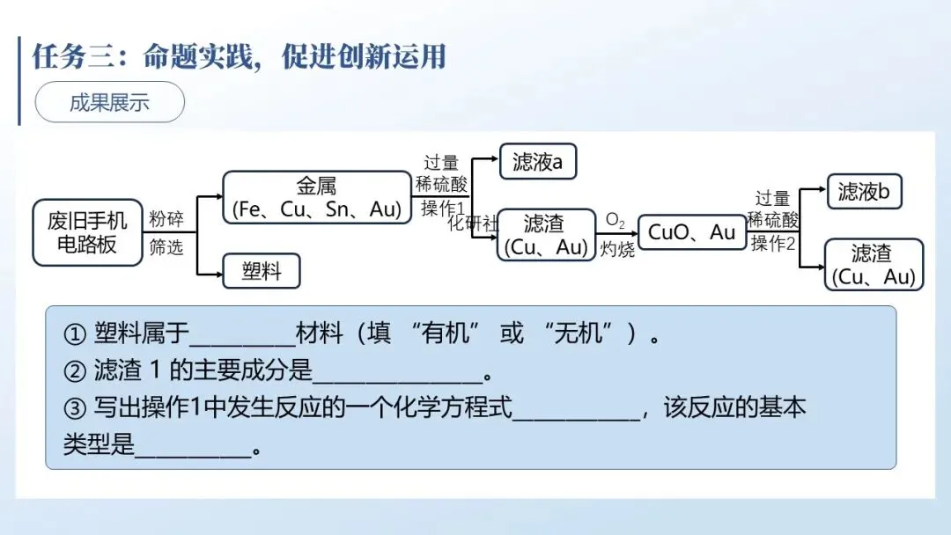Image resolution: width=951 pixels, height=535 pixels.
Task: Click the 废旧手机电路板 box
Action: pos(87,232)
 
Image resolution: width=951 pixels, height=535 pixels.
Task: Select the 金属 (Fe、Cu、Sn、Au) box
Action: pos(316,197)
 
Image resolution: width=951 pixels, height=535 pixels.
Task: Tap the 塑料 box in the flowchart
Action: pos(261,271)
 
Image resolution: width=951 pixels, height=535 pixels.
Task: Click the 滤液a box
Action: pos(538,162)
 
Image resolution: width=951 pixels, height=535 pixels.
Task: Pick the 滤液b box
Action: pos(865,191)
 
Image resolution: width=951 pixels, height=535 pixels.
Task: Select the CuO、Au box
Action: pos(691,232)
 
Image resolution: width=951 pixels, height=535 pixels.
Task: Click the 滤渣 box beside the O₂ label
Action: pos(544,235)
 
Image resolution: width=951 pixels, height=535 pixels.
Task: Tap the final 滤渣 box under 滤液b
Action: pos(874,265)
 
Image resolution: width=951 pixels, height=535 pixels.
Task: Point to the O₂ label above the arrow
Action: pos(615,220)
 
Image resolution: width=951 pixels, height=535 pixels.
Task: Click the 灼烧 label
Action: pos(617,250)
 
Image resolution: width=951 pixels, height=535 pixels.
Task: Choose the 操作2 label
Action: pos(773,244)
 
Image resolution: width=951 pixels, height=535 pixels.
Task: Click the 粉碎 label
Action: pos(166,218)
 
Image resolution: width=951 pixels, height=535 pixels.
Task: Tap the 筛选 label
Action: pos(166,247)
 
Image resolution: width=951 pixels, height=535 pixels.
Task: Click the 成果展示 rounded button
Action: pos(109,102)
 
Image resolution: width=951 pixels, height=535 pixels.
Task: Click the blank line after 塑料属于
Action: pos(242,337)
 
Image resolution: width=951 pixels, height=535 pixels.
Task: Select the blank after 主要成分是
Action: pos(398,374)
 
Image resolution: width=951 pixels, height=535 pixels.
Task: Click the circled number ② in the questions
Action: pos(75,372)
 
